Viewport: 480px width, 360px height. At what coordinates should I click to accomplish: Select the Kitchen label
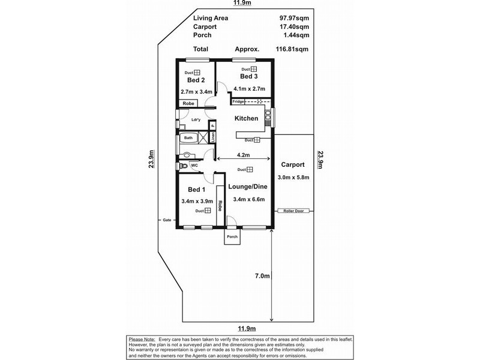point(245,118)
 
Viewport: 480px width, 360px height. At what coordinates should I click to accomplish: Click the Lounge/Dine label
point(245,187)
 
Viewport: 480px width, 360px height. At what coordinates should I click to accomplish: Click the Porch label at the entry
point(232,237)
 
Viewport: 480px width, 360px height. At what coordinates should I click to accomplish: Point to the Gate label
point(167,220)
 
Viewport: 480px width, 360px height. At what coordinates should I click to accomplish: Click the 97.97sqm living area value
point(285,19)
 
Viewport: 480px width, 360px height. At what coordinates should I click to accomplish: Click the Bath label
point(188,138)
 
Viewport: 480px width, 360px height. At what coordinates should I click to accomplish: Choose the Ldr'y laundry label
point(196,119)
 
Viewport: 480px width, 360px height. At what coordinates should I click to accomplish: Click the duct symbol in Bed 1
point(207,211)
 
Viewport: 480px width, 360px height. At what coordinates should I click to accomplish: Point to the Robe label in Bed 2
point(188,103)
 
